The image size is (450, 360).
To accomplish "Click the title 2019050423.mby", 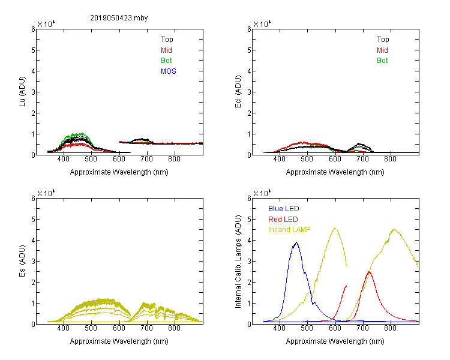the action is click(x=119, y=18).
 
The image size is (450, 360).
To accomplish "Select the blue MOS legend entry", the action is click(x=169, y=71).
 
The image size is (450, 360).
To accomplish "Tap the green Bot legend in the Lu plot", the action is click(x=166, y=61).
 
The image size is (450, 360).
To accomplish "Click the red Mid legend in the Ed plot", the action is click(x=382, y=50).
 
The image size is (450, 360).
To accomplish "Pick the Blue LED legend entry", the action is click(x=284, y=209).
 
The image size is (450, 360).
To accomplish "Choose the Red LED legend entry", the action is click(x=283, y=220).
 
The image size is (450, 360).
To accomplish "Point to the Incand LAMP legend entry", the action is click(x=289, y=230).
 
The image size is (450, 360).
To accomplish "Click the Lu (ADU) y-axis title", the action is click(x=22, y=92).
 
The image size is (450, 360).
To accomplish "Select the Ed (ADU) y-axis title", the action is click(x=238, y=92).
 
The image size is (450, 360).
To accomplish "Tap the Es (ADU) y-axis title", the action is click(x=22, y=260).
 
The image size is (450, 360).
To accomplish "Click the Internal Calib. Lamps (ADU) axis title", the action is click(x=238, y=262).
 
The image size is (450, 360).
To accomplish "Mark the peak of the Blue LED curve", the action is click(x=296, y=242).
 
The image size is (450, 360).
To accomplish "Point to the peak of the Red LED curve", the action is click(x=369, y=272).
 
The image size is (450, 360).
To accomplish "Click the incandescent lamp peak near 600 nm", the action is click(x=335, y=229).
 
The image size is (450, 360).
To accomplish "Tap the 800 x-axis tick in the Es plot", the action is click(x=174, y=328).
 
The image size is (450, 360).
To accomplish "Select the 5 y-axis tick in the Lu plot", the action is click(x=33, y=50).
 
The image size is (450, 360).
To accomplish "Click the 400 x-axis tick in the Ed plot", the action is click(x=279, y=159).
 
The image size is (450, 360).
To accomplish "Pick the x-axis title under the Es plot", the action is click(x=119, y=341).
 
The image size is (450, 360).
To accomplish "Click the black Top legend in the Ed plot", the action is click(x=383, y=40).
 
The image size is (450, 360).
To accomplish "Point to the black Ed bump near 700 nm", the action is click(x=359, y=146).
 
